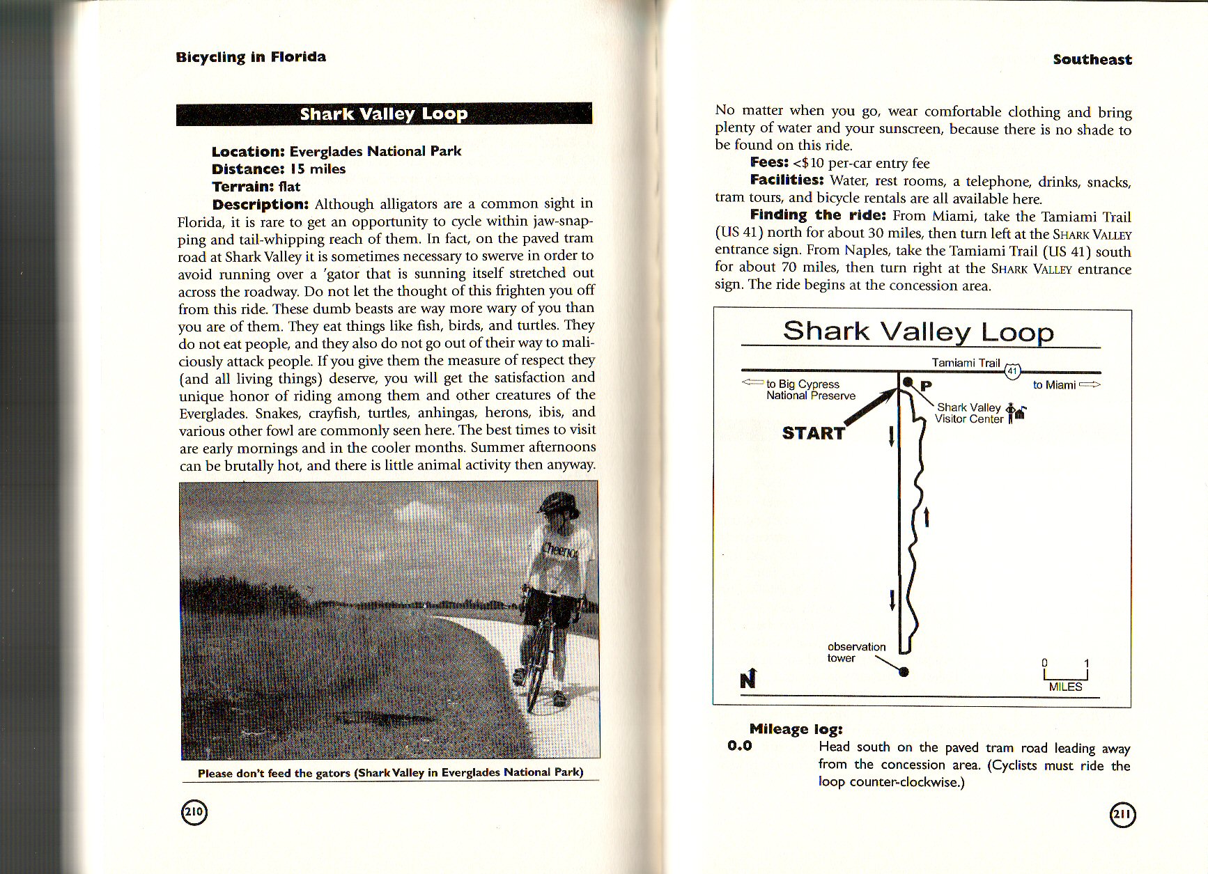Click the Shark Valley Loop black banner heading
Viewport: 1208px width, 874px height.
pyautogui.click(x=384, y=114)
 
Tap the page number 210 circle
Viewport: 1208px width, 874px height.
pyautogui.click(x=194, y=811)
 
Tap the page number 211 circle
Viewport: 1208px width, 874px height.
pyautogui.click(x=1122, y=815)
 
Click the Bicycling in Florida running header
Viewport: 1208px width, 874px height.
pyautogui.click(x=251, y=57)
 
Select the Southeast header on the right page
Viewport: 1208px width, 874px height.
pyautogui.click(x=1092, y=60)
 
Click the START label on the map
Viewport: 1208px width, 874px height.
pyautogui.click(x=813, y=433)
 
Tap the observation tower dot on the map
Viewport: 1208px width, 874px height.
pyautogui.click(x=904, y=672)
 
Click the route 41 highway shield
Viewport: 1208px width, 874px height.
pyautogui.click(x=1013, y=371)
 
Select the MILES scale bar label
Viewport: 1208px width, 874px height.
pyautogui.click(x=1065, y=687)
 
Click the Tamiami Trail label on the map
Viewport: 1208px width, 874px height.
pyautogui.click(x=966, y=363)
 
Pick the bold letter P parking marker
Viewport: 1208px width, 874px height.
pyautogui.click(x=927, y=386)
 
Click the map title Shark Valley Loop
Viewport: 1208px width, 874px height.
pyautogui.click(x=917, y=331)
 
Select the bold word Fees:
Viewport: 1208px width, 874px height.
pyautogui.click(x=769, y=163)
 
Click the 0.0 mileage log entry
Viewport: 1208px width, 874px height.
pyautogui.click(x=740, y=746)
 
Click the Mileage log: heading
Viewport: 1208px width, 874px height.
pyautogui.click(x=796, y=729)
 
